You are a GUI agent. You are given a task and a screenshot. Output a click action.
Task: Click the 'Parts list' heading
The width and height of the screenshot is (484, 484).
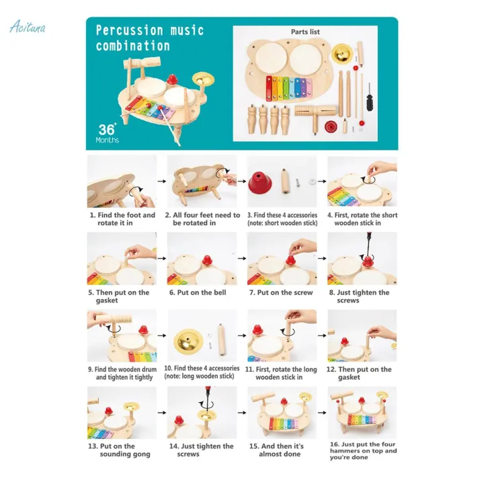click(x=305, y=32)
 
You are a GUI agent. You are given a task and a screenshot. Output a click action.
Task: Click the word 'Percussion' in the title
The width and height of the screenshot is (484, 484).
click(x=128, y=31)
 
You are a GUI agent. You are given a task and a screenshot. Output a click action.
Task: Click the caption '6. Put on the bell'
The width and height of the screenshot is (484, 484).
click(x=196, y=292)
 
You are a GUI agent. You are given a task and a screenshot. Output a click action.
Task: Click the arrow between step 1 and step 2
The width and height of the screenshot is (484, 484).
click(x=161, y=182)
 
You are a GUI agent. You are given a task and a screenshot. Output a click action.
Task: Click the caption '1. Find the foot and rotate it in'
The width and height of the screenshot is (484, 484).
click(x=122, y=219)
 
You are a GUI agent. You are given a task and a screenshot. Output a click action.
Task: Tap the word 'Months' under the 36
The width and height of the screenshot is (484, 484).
click(x=107, y=140)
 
